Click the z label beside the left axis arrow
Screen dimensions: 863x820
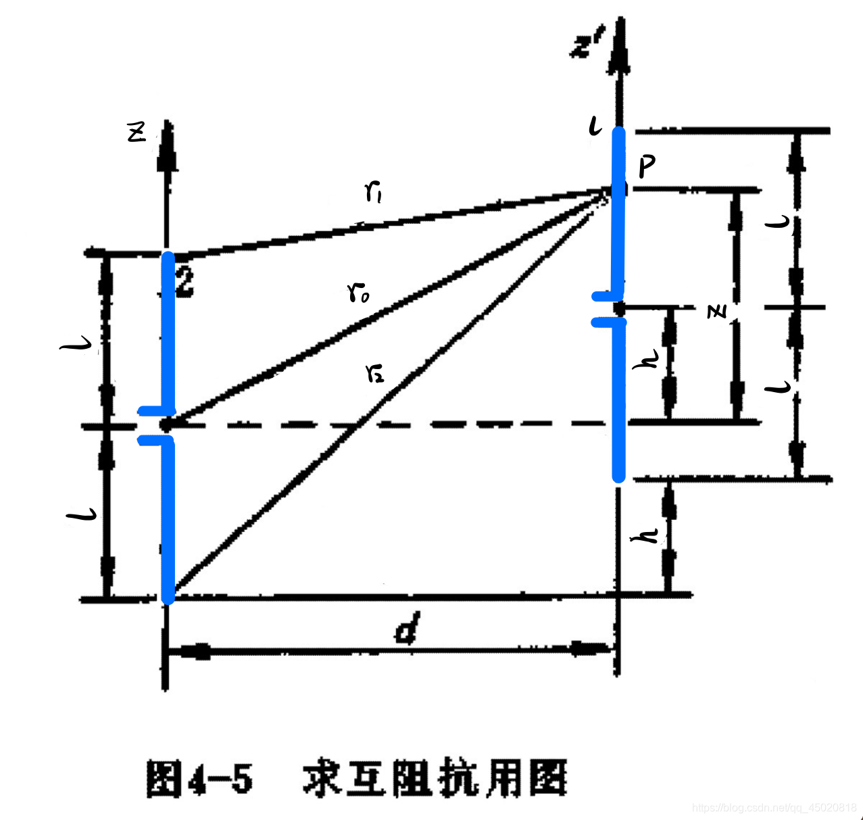point(137,133)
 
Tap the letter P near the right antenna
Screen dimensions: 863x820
point(646,166)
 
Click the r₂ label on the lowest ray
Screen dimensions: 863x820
point(374,372)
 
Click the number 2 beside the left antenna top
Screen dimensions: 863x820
point(183,280)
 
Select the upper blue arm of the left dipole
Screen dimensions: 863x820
point(167,331)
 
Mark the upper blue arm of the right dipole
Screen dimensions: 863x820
point(618,210)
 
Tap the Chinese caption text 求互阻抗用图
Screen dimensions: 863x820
point(435,779)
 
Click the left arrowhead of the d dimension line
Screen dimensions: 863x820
point(189,652)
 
